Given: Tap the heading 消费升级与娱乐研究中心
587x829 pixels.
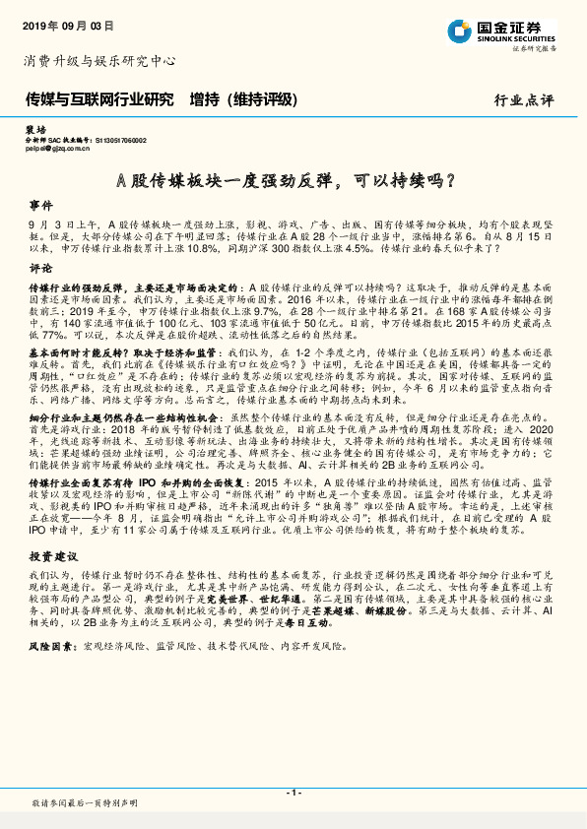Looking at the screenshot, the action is click(x=99, y=61).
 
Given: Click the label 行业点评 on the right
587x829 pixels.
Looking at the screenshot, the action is click(x=526, y=100).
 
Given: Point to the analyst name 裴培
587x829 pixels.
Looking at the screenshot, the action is click(x=34, y=130).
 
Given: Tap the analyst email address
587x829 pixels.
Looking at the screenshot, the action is click(x=61, y=150).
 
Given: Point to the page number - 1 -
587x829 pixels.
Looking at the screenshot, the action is click(x=293, y=793).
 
